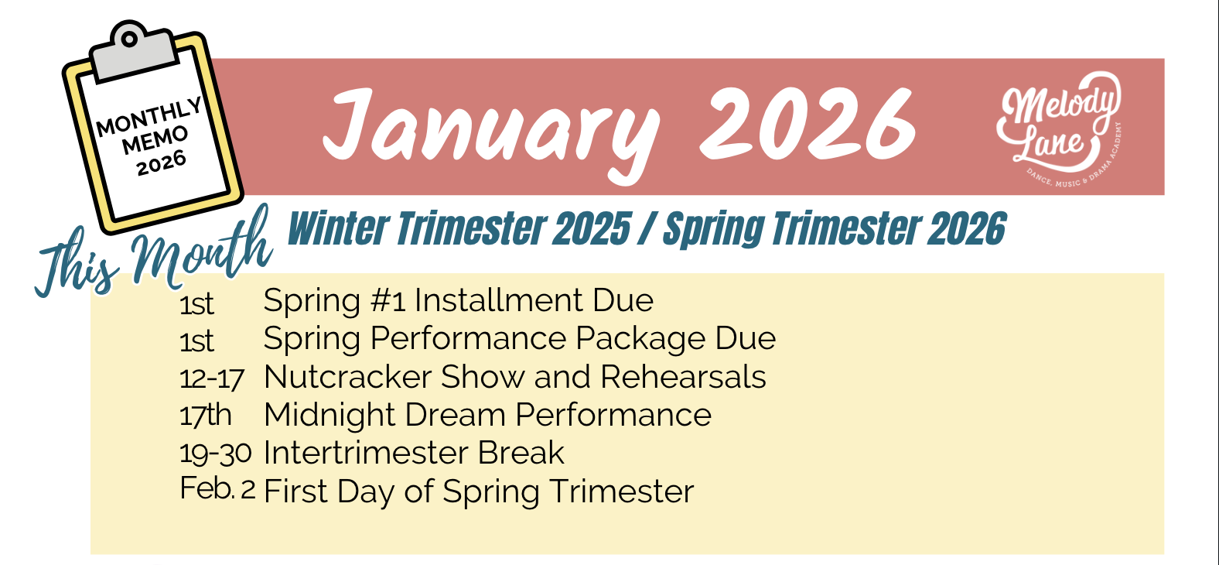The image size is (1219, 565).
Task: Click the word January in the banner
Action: pos(491,133)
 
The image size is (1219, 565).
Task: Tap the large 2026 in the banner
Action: pos(808,124)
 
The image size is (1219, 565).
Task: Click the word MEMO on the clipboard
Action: pos(155,139)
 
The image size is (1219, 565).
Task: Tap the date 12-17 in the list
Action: pos(211,377)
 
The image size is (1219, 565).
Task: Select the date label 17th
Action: pos(205,416)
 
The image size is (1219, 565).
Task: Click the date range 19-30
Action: pos(216,453)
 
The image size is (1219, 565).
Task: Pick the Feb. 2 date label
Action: pos(217,489)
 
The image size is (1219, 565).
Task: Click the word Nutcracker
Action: pos(348,377)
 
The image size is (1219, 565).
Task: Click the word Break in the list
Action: pos(521,453)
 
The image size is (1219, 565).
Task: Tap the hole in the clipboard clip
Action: pos(129,39)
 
